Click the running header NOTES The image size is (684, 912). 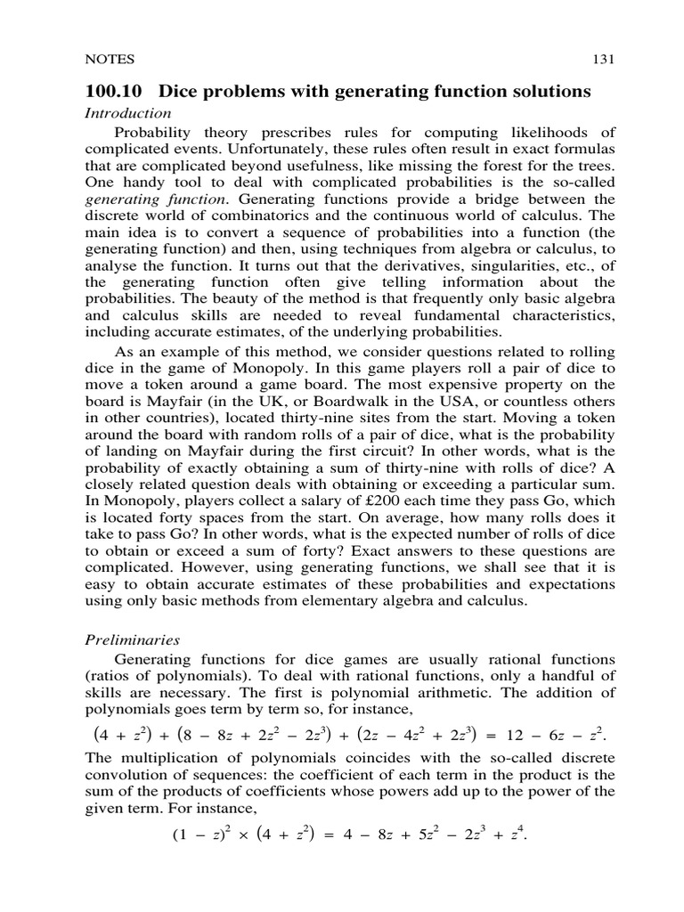pyautogui.click(x=109, y=60)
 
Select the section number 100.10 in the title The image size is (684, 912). pyautogui.click(x=113, y=91)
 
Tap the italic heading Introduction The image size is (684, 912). pyautogui.click(x=127, y=113)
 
